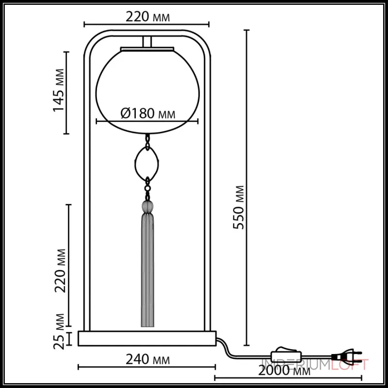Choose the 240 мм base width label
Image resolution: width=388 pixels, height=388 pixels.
click(146, 360)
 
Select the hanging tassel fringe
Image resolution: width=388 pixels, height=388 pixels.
click(147, 272)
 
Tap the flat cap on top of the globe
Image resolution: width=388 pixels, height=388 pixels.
click(147, 48)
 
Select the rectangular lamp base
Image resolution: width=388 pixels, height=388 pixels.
click(147, 339)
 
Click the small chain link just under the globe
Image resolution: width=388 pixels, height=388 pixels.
click(147, 140)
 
